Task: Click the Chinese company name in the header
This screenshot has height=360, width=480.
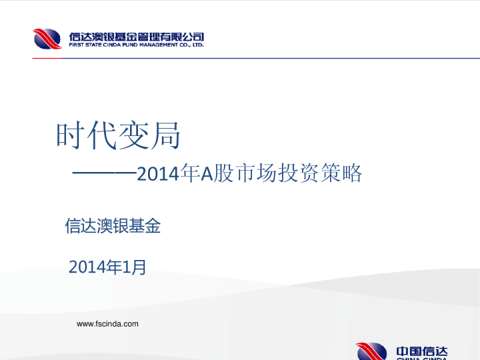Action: [137, 36]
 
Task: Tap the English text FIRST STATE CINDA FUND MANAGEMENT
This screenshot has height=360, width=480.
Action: [123, 45]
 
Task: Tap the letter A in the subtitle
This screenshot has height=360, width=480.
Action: [207, 175]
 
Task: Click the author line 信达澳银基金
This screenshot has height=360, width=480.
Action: [113, 227]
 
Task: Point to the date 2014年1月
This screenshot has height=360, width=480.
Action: [107, 267]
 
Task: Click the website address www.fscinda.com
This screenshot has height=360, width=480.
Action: [108, 324]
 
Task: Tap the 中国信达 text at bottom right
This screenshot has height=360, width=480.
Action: [422, 352]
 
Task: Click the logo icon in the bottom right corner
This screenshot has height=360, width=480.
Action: [371, 351]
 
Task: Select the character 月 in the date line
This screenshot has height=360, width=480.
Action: [138, 267]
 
